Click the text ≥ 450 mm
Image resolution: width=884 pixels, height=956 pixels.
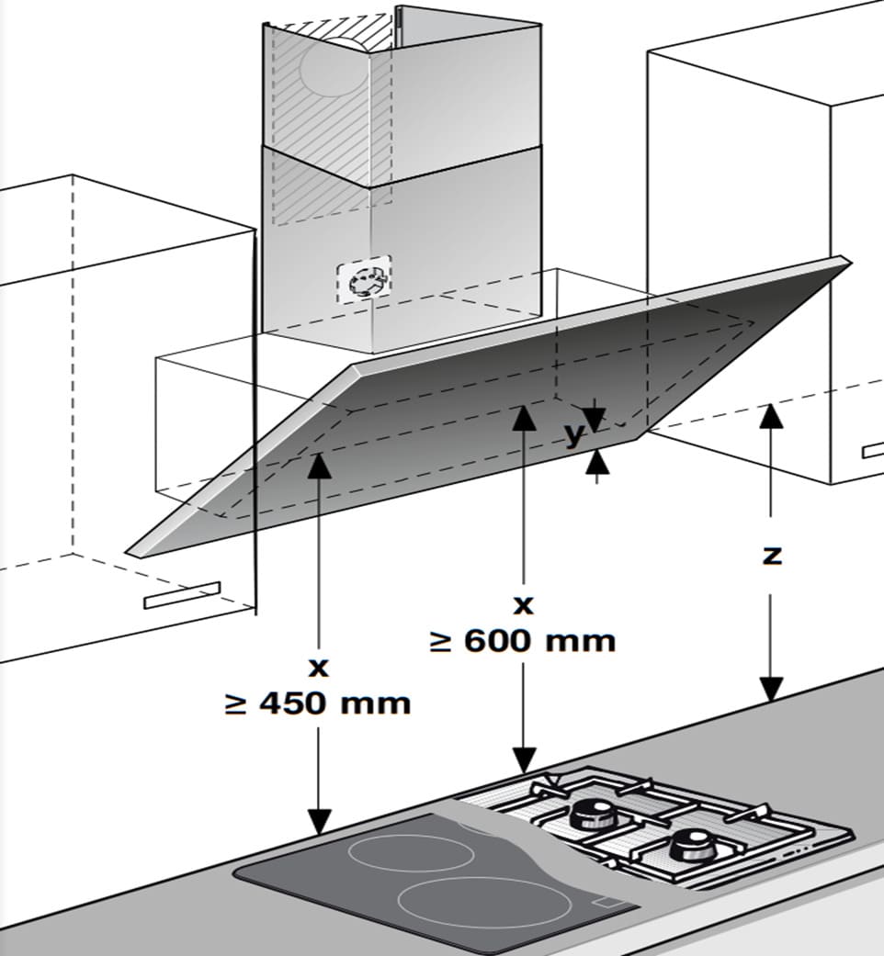click(x=318, y=704)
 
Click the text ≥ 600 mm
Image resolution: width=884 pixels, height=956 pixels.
click(x=523, y=640)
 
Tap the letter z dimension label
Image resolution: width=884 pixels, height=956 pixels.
click(x=772, y=556)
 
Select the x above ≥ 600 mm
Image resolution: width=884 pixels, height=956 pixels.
click(x=522, y=604)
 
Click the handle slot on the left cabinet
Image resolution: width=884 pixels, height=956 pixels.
click(x=182, y=595)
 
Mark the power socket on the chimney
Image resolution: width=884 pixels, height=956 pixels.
click(x=363, y=281)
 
